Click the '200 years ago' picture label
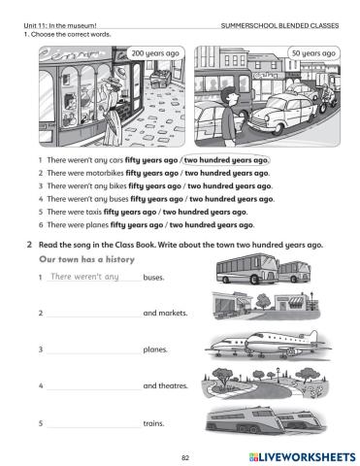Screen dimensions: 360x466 coord(155,53)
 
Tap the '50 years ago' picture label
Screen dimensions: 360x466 coord(313,53)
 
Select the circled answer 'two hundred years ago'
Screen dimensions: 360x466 coord(226,160)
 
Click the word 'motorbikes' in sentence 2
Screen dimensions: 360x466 coord(101,173)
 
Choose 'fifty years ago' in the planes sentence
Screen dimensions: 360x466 coord(137,225)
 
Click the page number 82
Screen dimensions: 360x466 coord(185,457)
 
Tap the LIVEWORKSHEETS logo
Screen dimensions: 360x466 coord(302,457)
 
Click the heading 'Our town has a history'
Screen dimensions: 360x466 coord(86,259)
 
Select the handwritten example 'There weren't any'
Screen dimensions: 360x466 coord(85,277)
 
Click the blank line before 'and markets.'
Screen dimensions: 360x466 coord(94,316)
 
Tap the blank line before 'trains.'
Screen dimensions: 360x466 coord(94,427)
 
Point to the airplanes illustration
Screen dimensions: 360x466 coord(268,346)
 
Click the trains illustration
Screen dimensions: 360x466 coord(266,419)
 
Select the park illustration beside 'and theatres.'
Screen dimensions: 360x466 coord(265,383)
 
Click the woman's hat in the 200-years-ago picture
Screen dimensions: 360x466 coord(114,81)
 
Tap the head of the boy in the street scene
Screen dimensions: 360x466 coord(229,96)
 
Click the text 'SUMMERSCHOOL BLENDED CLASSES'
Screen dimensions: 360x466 coord(279,26)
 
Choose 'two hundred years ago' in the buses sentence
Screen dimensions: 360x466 coord(231,199)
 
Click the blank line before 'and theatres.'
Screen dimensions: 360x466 coord(94,389)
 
